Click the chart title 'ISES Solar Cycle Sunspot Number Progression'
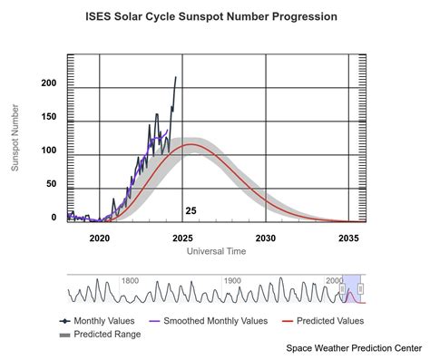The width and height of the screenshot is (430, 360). [210, 16]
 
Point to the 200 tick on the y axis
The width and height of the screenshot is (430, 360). [49, 83]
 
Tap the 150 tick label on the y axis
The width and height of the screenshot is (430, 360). [49, 117]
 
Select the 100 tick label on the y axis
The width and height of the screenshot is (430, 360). [49, 151]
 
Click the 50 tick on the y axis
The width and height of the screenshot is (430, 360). [52, 184]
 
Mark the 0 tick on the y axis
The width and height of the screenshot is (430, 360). [54, 218]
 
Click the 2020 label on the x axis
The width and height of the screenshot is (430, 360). [100, 238]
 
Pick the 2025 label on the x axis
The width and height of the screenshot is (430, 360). [182, 238]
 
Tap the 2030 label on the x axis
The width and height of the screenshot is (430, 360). [266, 238]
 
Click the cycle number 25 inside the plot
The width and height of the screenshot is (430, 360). [191, 210]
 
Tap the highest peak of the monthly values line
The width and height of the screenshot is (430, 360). [176, 77]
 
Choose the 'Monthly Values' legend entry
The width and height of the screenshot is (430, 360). [102, 320]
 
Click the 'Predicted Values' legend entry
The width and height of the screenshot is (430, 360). [326, 320]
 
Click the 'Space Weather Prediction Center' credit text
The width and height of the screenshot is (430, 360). [354, 347]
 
